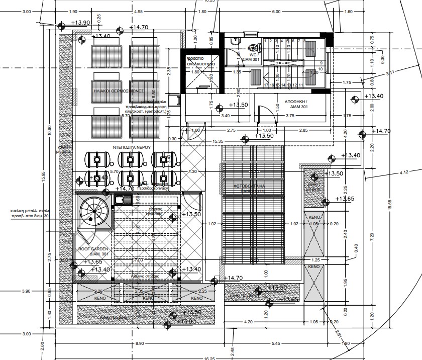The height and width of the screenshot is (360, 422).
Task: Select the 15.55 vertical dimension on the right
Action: coord(390,202)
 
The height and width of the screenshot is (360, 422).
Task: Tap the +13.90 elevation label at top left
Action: coord(80,23)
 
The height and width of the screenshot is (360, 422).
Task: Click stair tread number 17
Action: coord(266,85)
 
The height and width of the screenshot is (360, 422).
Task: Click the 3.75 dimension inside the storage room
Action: coord(290,115)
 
